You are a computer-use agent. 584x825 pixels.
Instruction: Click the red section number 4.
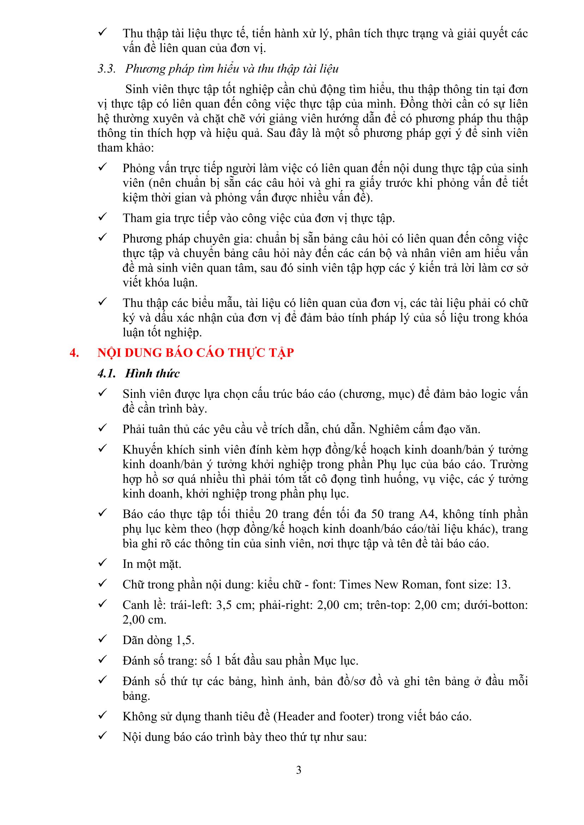pos(74,353)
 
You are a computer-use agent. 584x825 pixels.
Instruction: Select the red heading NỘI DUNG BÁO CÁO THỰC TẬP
pos(196,353)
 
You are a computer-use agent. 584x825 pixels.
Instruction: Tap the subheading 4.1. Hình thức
pos(138,373)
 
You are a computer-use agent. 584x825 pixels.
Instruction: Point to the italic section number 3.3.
pos(106,69)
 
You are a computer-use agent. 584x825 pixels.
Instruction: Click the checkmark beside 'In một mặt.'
pos(103,563)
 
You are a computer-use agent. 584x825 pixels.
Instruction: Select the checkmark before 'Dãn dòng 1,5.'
pos(103,639)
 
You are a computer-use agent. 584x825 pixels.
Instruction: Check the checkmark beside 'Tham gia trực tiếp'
pos(103,217)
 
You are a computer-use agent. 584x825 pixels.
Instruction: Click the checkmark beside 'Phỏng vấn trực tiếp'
pos(103,167)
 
